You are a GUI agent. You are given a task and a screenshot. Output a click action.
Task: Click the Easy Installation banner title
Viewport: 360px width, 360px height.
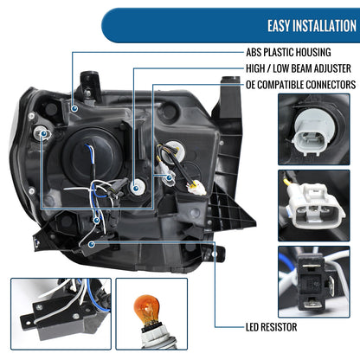click(x=312, y=26)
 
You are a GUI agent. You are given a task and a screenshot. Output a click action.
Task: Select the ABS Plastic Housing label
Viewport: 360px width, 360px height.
click(x=288, y=52)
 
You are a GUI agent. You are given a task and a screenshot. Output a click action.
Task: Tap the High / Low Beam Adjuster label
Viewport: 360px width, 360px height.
click(x=299, y=68)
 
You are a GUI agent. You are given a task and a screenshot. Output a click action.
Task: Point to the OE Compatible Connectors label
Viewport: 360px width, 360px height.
click(x=300, y=85)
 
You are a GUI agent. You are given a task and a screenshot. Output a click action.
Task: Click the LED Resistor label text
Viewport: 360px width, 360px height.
click(x=271, y=327)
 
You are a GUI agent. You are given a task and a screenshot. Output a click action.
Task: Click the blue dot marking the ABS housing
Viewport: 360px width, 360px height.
click(x=74, y=108)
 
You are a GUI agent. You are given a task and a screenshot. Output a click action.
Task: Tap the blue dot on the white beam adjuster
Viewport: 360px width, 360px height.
click(x=136, y=189)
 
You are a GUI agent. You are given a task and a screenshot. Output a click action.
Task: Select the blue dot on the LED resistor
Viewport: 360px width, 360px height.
click(x=92, y=244)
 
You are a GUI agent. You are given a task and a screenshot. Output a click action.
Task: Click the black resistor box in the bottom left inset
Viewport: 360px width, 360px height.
click(x=65, y=315)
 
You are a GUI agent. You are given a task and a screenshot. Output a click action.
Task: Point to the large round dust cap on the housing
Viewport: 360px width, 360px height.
click(x=92, y=156)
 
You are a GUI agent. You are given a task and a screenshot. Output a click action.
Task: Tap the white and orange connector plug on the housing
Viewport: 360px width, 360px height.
click(x=197, y=187)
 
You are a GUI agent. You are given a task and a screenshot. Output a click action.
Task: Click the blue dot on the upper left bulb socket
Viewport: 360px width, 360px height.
click(x=44, y=133)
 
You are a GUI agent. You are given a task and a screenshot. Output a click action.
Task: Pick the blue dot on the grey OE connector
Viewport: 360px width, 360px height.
click(x=169, y=177)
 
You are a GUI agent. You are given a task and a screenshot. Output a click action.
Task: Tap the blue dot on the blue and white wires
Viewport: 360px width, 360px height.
click(x=96, y=221)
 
